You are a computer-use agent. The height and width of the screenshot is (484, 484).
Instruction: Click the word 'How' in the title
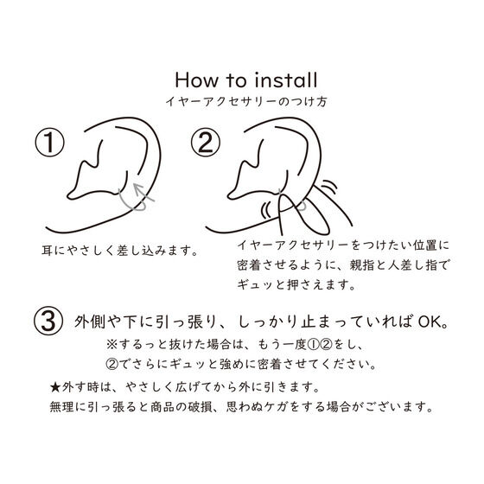(196, 80)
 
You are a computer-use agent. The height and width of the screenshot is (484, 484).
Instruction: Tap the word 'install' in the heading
(286, 80)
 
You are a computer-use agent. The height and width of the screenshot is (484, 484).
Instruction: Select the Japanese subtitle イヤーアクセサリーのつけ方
(246, 102)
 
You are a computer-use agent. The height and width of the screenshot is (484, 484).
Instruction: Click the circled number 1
(49, 143)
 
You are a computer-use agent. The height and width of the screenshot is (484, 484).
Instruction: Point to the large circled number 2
(206, 143)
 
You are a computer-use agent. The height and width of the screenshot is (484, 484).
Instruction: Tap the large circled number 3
(48, 321)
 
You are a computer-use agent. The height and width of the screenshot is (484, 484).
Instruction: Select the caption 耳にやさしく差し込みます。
(120, 251)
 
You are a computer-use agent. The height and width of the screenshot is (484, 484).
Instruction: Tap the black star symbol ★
(55, 387)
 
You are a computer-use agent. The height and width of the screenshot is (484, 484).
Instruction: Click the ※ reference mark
(111, 344)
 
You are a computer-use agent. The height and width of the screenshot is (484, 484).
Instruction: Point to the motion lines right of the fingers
(329, 186)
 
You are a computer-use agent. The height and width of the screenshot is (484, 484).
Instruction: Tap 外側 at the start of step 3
(87, 322)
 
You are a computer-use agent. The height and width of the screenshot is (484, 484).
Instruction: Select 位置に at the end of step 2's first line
(431, 245)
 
